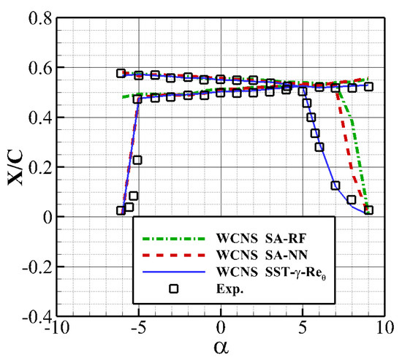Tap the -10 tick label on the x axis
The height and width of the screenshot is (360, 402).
point(57,331)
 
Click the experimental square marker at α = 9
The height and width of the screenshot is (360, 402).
point(369,210)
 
